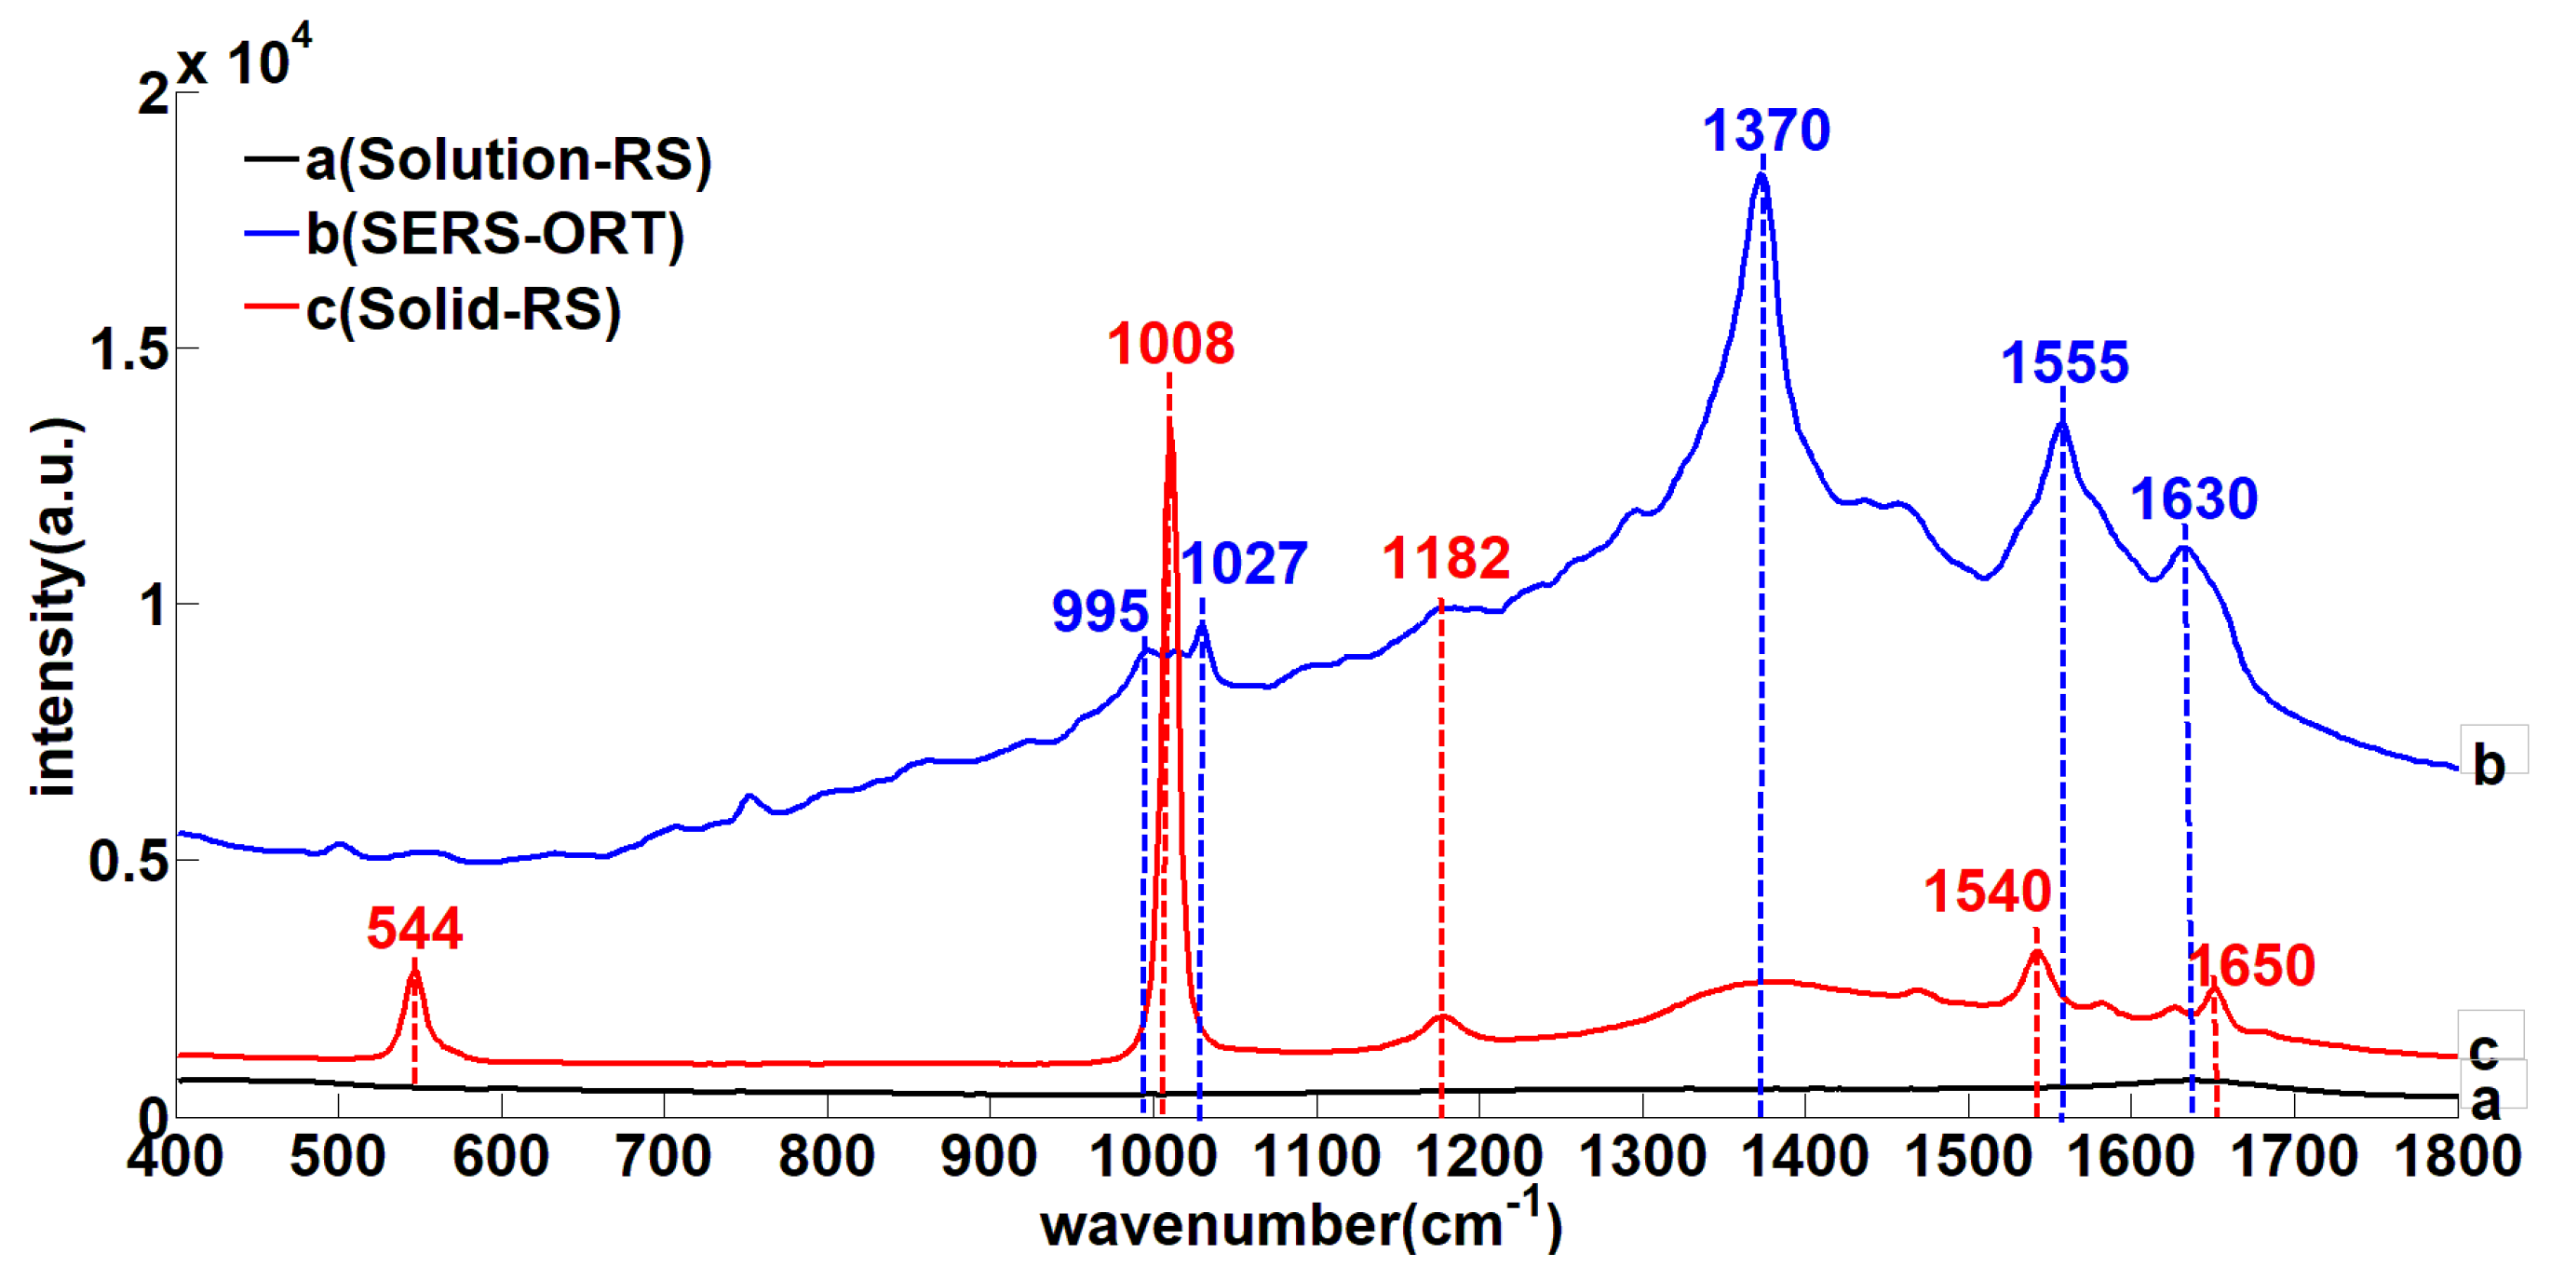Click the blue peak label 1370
[1766, 130]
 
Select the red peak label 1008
[1170, 344]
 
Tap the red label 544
[414, 928]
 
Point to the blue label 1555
[2065, 362]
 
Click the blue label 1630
[2193, 498]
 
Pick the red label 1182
[1446, 558]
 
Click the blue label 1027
[1244, 564]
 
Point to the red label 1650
[2251, 965]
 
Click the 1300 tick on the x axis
[1642, 1157]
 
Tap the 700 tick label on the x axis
[664, 1157]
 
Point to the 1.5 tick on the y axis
[128, 349]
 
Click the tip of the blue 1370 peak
[1761, 174]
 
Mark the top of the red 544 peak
[414, 971]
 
